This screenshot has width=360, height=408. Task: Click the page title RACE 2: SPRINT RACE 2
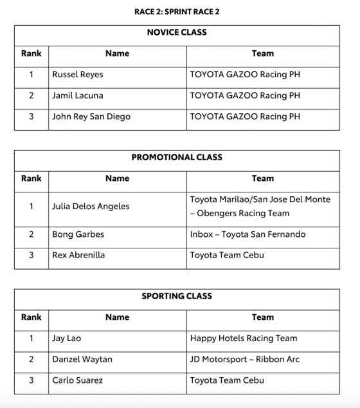click(177, 12)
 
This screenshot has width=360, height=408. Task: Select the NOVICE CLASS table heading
click(177, 32)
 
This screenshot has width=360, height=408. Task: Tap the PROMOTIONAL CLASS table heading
click(177, 157)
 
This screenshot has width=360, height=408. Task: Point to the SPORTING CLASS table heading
click(177, 296)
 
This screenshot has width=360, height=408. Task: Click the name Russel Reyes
click(77, 75)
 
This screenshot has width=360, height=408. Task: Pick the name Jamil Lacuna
click(77, 95)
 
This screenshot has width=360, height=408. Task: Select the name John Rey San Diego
click(91, 116)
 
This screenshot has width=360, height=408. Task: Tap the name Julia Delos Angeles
click(90, 207)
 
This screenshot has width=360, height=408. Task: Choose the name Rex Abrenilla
click(78, 255)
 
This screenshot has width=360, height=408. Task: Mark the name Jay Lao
click(66, 338)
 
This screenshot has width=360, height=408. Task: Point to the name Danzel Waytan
click(82, 359)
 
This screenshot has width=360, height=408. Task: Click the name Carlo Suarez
click(77, 380)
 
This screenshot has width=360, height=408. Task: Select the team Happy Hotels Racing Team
click(243, 338)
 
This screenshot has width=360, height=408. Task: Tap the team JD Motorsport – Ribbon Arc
click(244, 359)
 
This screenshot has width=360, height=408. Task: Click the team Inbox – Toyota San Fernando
click(248, 234)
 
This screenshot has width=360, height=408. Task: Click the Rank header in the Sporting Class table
click(31, 317)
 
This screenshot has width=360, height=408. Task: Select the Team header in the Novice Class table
click(262, 53)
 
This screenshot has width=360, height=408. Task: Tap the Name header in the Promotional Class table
click(117, 178)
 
